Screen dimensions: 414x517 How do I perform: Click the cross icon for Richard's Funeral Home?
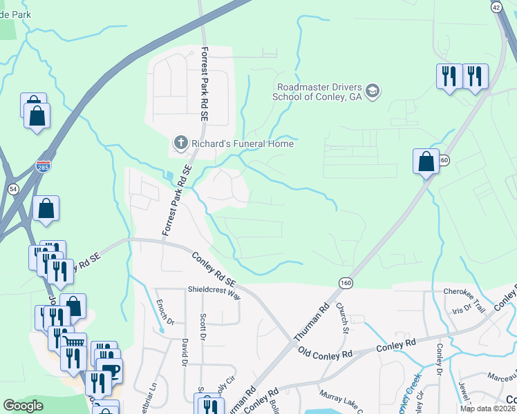pyautogui.click(x=180, y=144)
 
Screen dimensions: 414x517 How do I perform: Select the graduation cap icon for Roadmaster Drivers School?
pyautogui.click(x=373, y=91)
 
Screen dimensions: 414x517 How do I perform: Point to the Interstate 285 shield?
pyautogui.click(x=43, y=166)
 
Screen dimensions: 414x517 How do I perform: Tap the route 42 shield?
pyautogui.click(x=496, y=6)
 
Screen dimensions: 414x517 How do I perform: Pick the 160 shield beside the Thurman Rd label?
pyautogui.click(x=345, y=283)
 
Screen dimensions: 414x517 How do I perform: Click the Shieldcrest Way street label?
pyautogui.click(x=214, y=292)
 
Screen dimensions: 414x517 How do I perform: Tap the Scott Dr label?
pyautogui.click(x=203, y=327)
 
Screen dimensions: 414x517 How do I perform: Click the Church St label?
pyautogui.click(x=342, y=316)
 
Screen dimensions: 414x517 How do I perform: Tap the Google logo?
pyautogui.click(x=23, y=406)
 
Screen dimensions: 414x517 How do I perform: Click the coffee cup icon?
pyautogui.click(x=109, y=370)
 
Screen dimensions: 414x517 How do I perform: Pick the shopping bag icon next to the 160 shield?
pyautogui.click(x=426, y=162)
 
